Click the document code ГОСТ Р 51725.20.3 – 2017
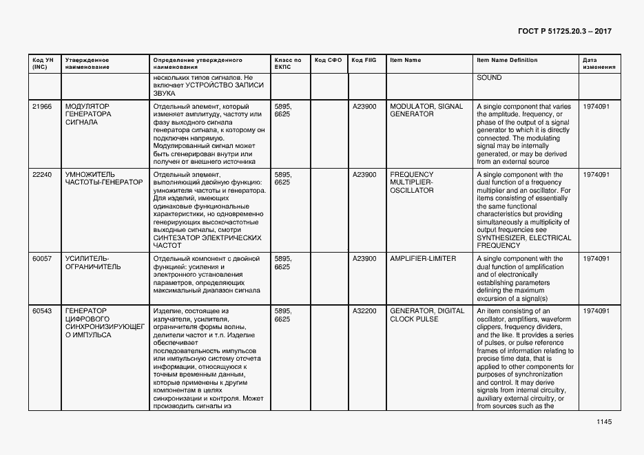(x=563, y=32)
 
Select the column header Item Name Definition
(x=507, y=61)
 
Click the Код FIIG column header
(x=364, y=61)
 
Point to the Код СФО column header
(x=328, y=61)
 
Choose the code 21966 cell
(x=42, y=107)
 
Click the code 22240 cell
(x=42, y=175)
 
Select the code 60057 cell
(x=42, y=259)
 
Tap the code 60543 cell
(x=42, y=311)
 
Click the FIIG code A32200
(x=364, y=311)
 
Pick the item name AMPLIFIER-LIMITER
(x=423, y=259)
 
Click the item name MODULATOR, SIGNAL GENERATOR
(x=426, y=110)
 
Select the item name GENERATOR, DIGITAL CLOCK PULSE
(x=427, y=315)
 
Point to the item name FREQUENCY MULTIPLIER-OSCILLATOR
(x=412, y=182)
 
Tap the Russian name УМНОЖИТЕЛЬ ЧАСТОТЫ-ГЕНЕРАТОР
(x=104, y=179)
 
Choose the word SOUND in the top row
(x=489, y=78)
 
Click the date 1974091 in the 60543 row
(x=596, y=311)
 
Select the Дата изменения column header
(x=594, y=64)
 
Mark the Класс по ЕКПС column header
(x=288, y=64)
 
